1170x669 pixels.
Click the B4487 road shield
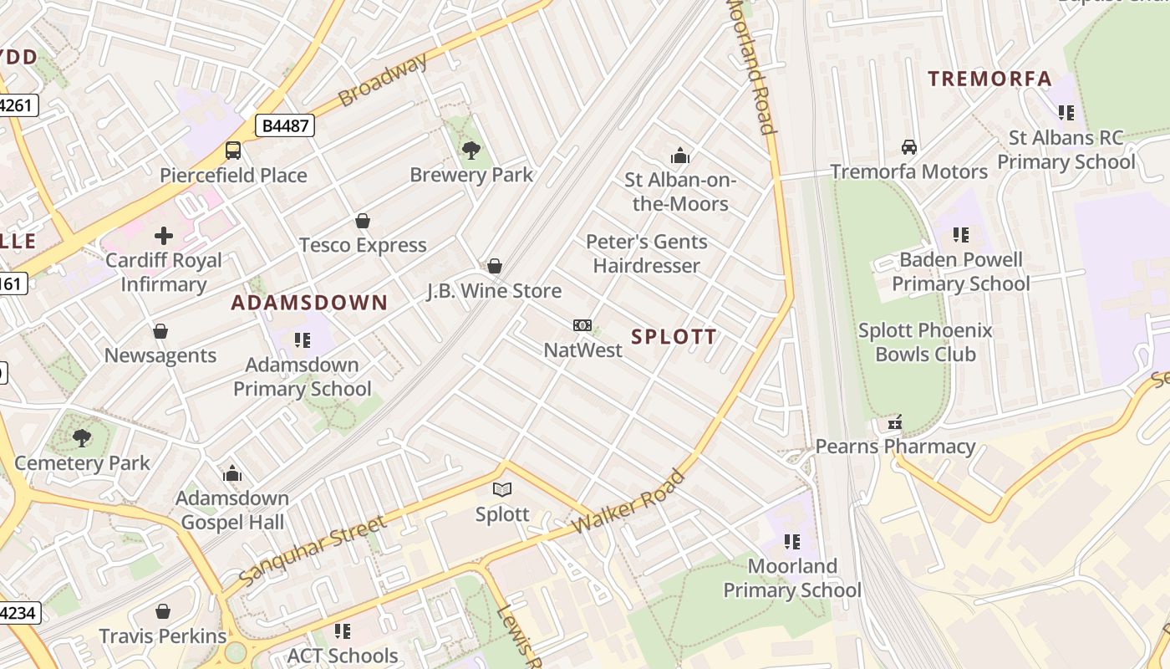tap(284, 126)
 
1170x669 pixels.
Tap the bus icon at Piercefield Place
tap(233, 151)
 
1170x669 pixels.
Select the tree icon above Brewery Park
tap(471, 151)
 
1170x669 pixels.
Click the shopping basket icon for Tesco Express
tap(363, 221)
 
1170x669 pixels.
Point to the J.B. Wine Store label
tap(495, 291)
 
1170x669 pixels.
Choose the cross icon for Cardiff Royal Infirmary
tap(164, 236)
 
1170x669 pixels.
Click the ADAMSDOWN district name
tap(309, 303)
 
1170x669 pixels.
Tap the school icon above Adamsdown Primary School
tap(303, 340)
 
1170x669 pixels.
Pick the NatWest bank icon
tap(582, 325)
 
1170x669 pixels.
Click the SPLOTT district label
tap(674, 337)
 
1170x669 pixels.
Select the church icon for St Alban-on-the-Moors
tap(680, 156)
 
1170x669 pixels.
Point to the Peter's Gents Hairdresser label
tap(647, 253)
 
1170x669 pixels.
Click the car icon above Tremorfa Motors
tap(909, 147)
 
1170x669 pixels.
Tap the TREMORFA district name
tap(990, 79)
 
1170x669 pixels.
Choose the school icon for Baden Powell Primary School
tap(961, 235)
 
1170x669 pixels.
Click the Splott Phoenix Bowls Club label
tap(925, 342)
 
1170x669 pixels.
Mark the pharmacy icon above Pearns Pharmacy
tap(895, 422)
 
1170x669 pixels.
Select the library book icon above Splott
tap(501, 490)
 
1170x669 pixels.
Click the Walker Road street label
tap(629, 504)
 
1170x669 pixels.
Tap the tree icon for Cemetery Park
tap(82, 437)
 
